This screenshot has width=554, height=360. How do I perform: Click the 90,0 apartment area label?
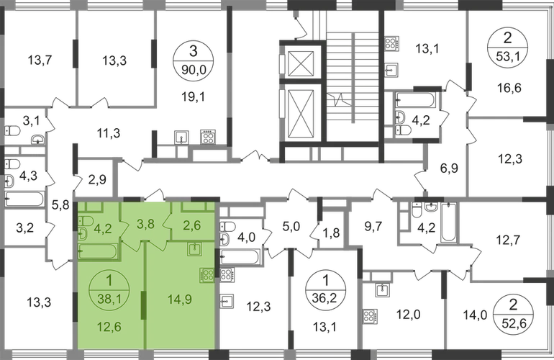click(190, 71)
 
